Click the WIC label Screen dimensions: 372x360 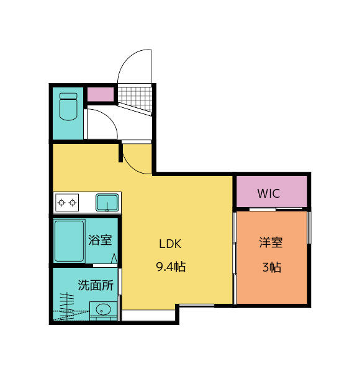click(x=269, y=193)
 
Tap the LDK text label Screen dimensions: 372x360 click(x=169, y=243)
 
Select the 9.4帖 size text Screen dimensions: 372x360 click(x=169, y=268)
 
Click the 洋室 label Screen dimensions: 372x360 click(x=271, y=243)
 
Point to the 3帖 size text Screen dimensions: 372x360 click(x=271, y=268)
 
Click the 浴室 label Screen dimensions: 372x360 click(x=100, y=240)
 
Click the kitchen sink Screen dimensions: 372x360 click(x=107, y=202)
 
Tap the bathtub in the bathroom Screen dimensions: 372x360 click(x=70, y=241)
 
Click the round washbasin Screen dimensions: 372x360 click(x=102, y=309)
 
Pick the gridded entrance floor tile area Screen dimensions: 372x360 click(x=135, y=98)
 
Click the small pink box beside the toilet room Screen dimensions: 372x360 click(x=101, y=95)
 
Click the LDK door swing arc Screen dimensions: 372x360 click(x=137, y=160)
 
